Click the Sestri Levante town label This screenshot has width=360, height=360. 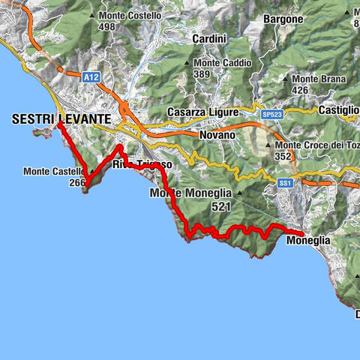pyautogui.click(x=61, y=118)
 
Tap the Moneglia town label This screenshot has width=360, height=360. pyautogui.click(x=307, y=241)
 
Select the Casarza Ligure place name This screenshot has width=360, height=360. pyautogui.click(x=202, y=112)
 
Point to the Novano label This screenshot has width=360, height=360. pyautogui.click(x=218, y=134)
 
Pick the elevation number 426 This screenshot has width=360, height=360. pyautogui.click(x=301, y=90)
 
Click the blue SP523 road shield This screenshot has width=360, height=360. pyautogui.click(x=273, y=113)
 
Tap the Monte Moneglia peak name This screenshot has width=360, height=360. pyautogui.click(x=191, y=193)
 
